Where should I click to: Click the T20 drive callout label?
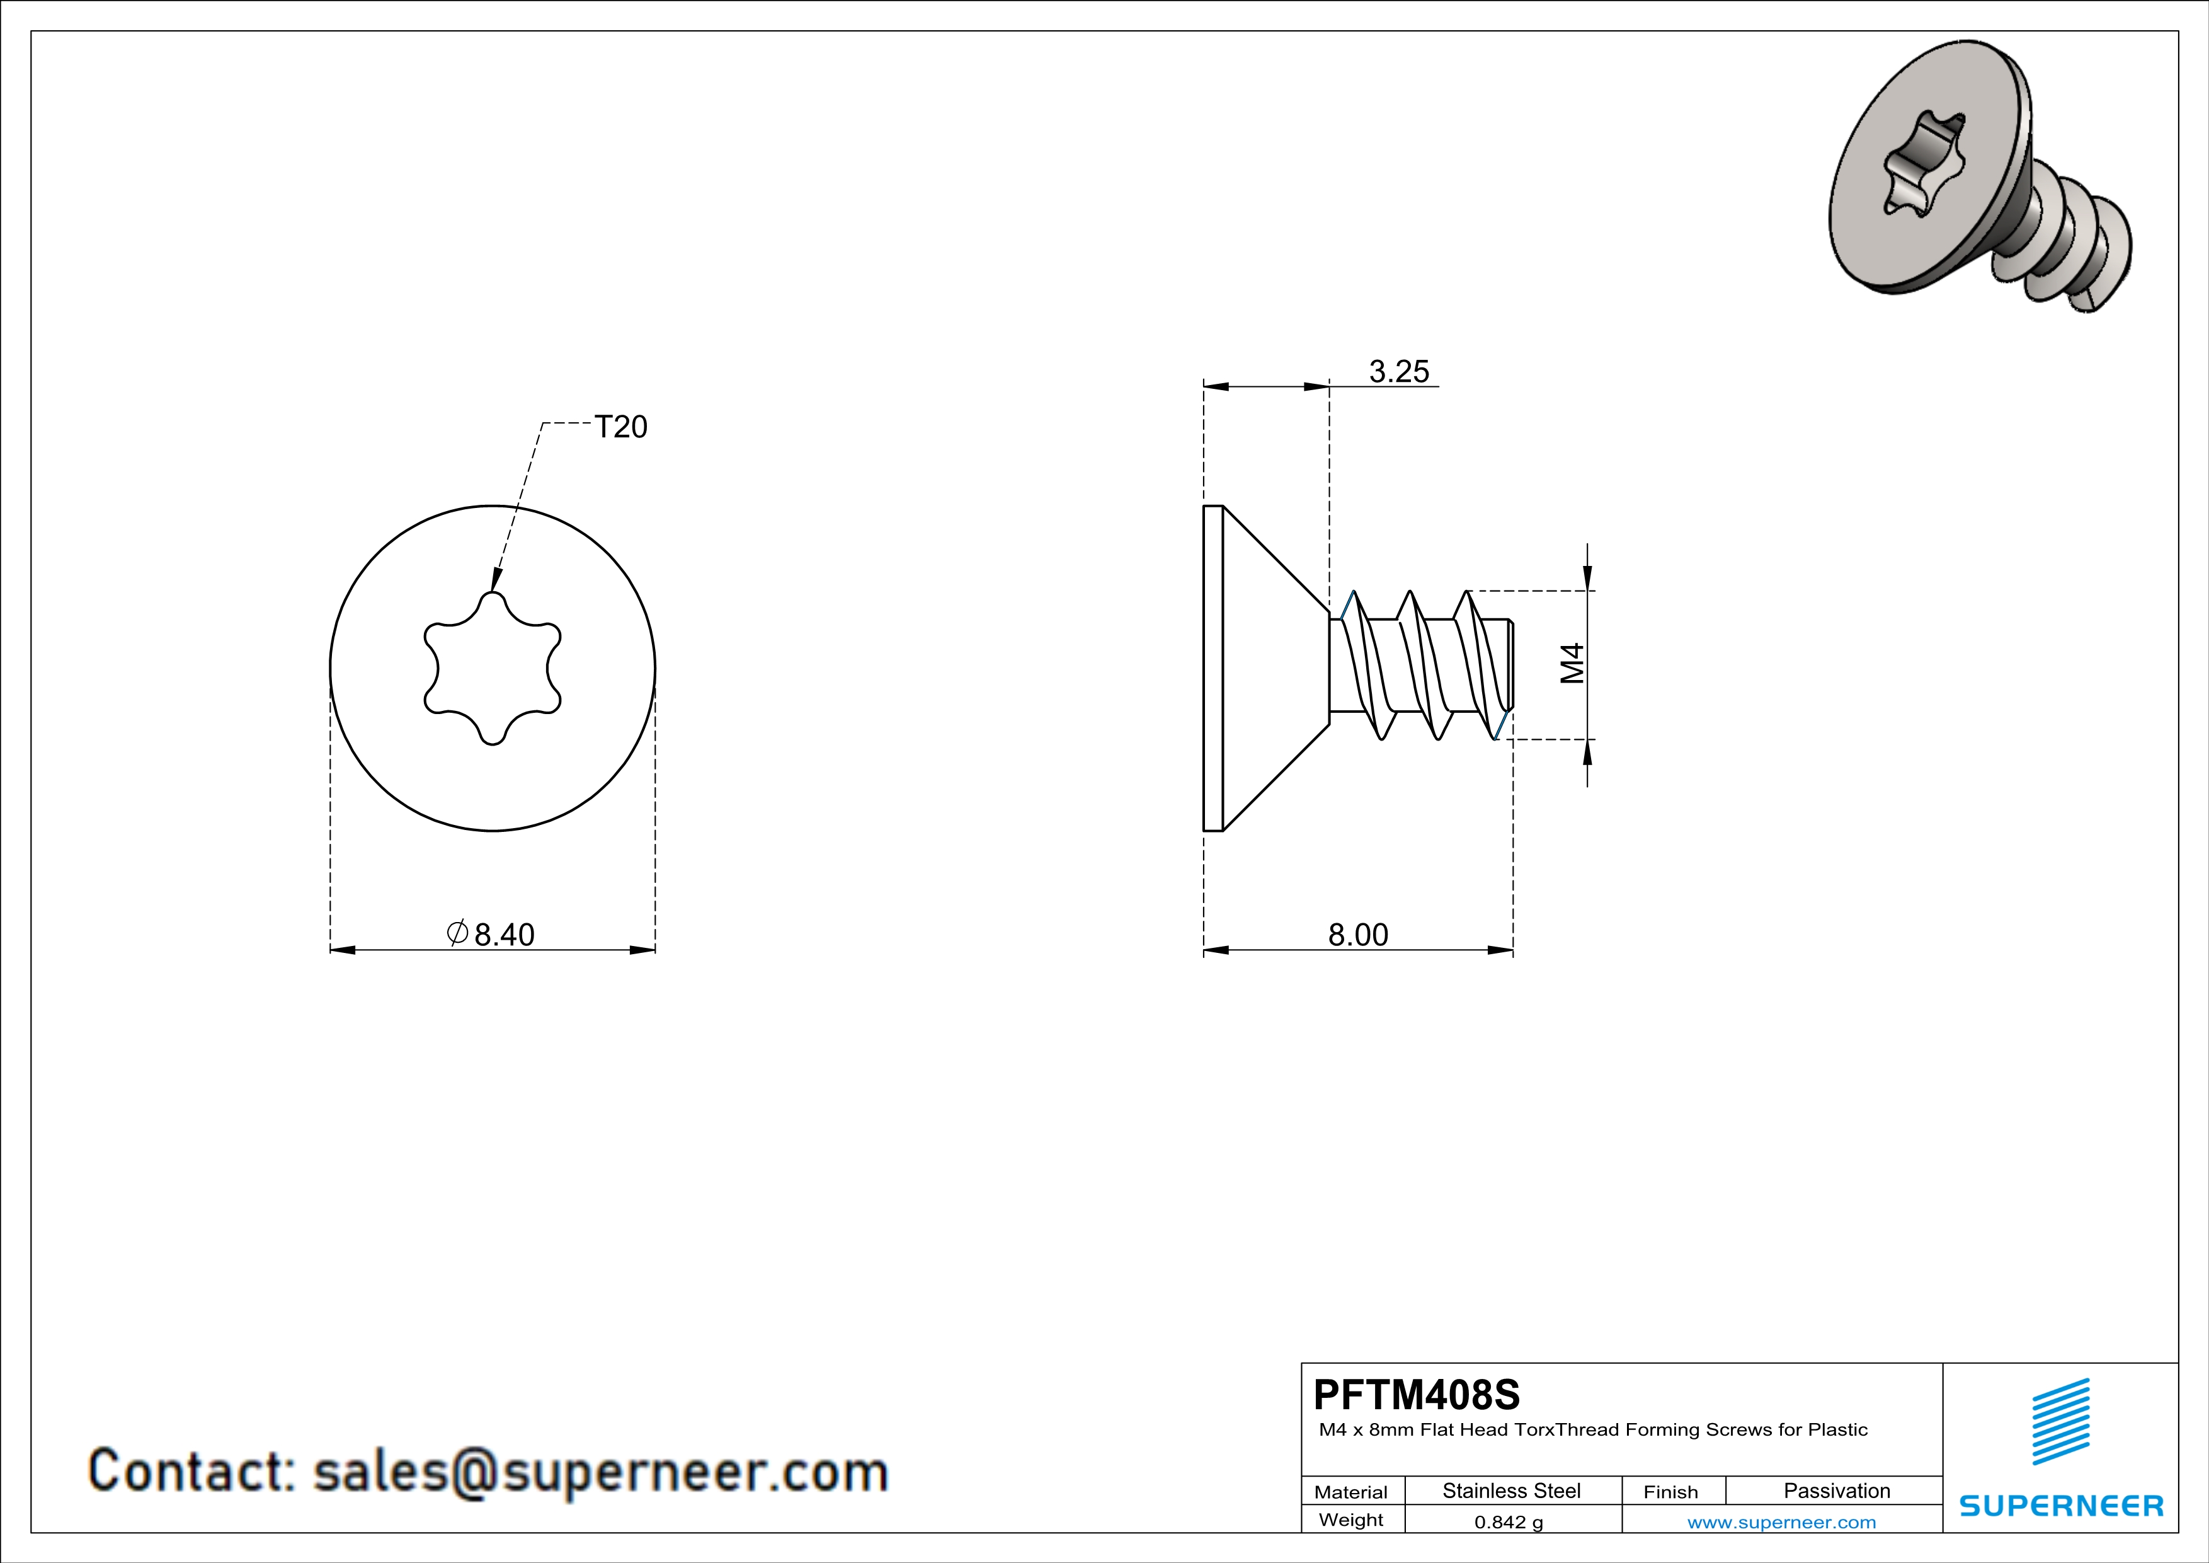point(620,427)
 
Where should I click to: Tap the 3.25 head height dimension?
point(1399,371)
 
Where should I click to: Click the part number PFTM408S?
point(1416,1395)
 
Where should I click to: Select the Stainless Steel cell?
point(1512,1491)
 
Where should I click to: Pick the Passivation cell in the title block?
point(1837,1491)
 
